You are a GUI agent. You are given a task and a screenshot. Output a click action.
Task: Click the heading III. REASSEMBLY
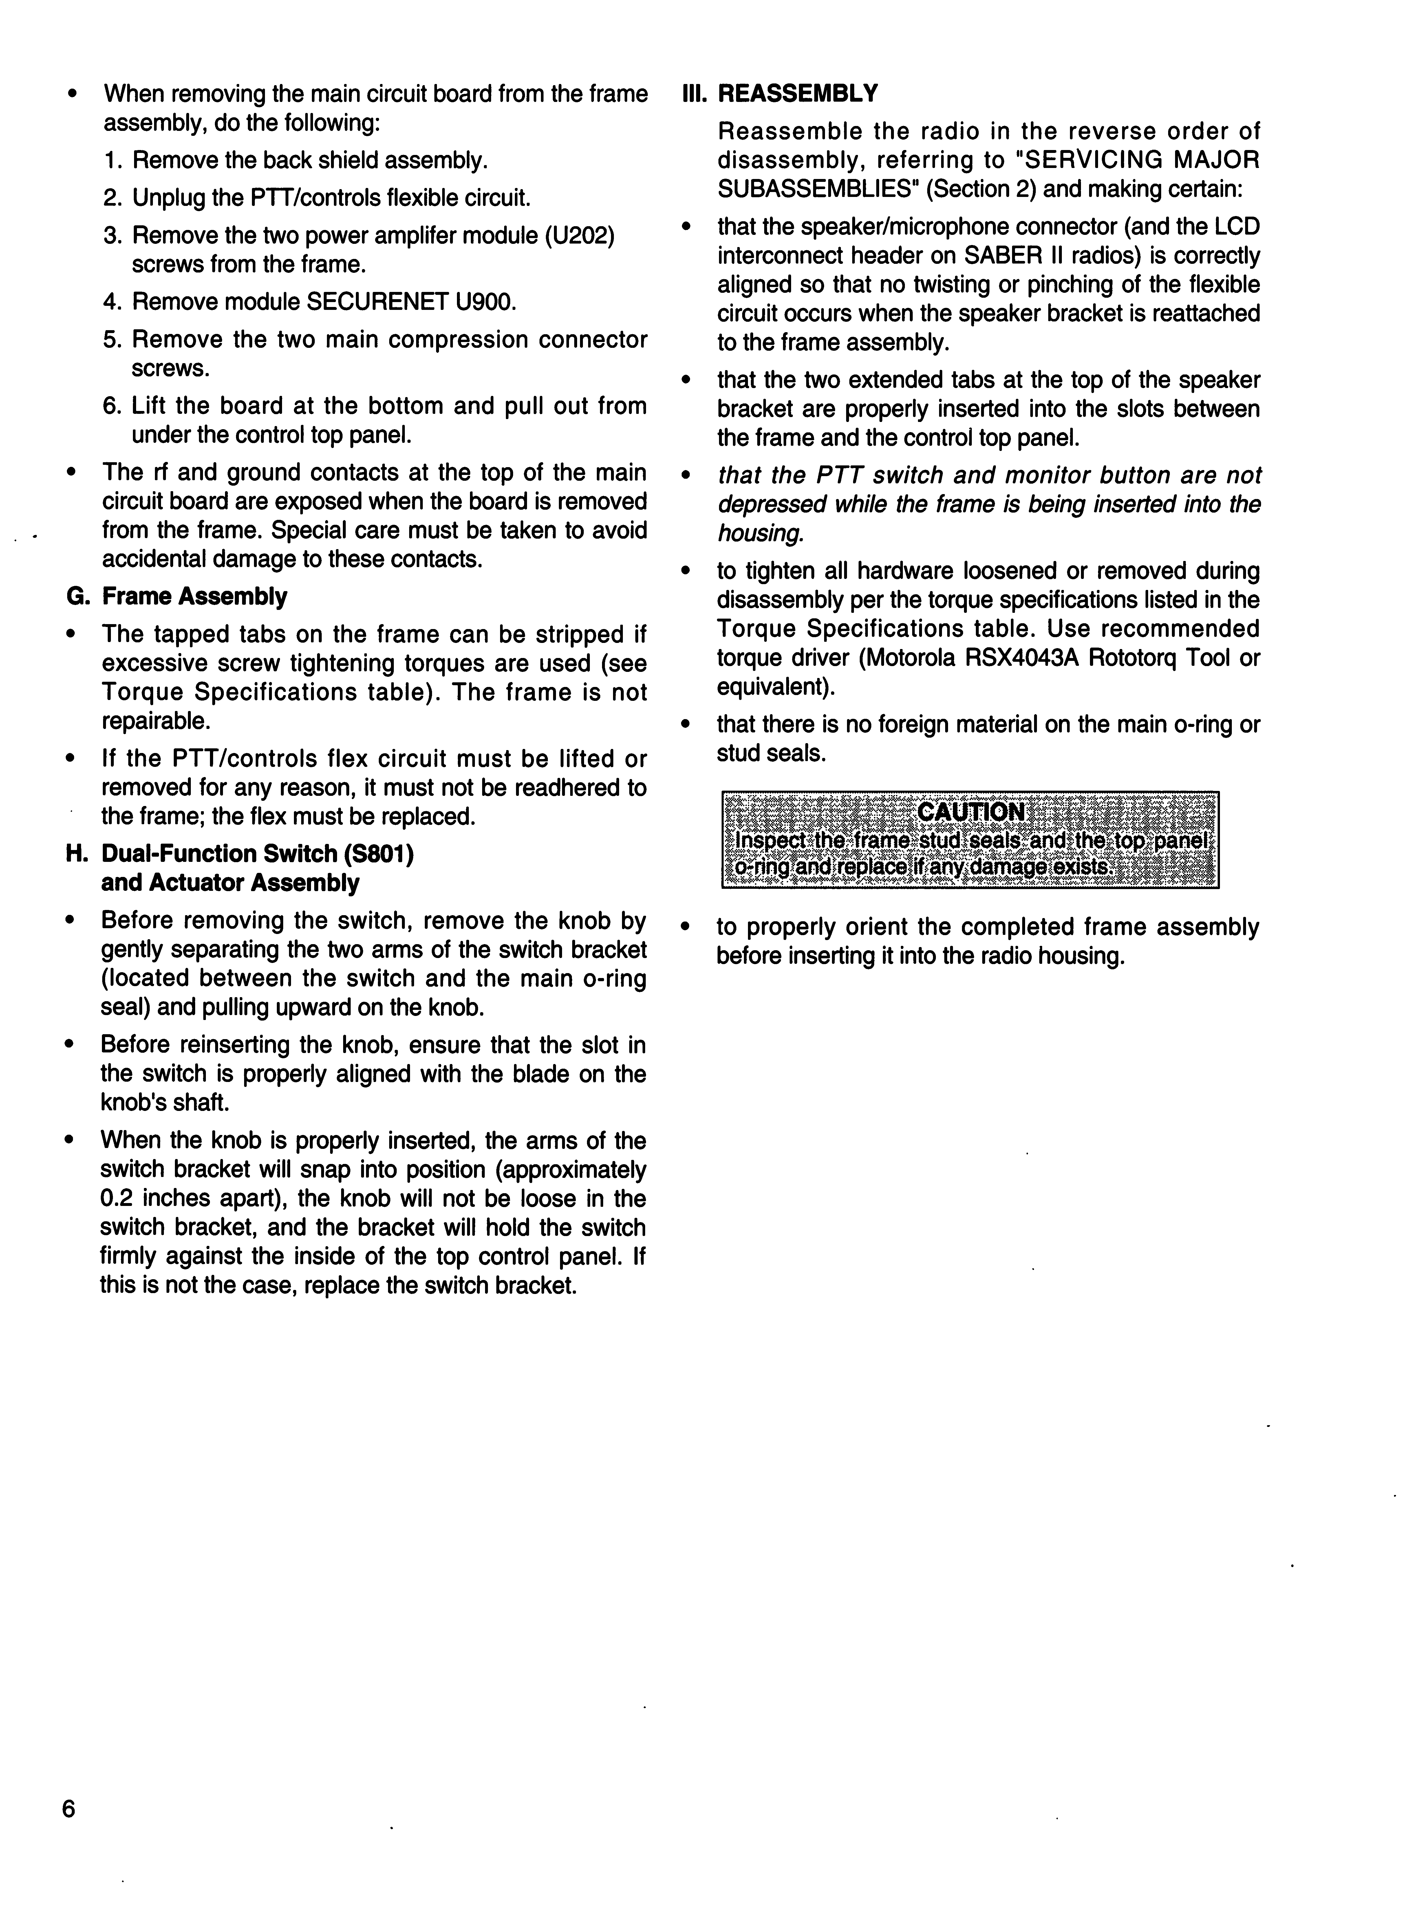pos(780,93)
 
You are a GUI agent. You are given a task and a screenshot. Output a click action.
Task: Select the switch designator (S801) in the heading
pos(378,853)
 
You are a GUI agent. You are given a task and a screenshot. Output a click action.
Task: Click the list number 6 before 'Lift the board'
pos(111,406)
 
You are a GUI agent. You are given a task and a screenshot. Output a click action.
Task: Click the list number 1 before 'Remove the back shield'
pos(111,161)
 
